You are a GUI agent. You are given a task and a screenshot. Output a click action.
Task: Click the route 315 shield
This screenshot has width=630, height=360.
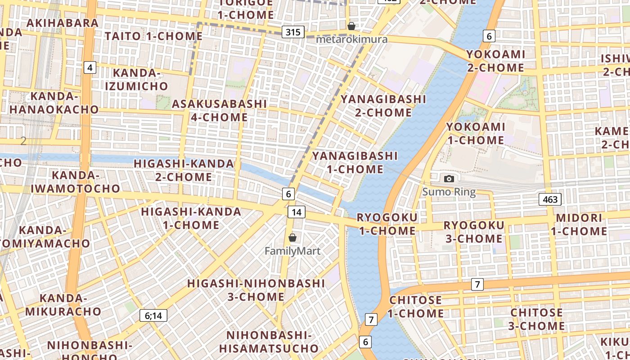point(293,32)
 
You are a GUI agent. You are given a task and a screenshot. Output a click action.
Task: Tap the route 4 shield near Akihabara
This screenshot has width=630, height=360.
point(90,67)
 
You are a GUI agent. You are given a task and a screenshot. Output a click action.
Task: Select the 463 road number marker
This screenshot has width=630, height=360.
point(550,199)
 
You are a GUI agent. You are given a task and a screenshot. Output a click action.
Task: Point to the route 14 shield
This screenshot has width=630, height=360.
point(297,212)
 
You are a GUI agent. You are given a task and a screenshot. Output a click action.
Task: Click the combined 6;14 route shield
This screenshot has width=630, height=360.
point(153,315)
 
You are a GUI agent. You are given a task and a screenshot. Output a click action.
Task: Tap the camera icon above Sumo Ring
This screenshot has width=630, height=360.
point(449,179)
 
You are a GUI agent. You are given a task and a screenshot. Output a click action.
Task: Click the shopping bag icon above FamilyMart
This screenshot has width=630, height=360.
point(292,238)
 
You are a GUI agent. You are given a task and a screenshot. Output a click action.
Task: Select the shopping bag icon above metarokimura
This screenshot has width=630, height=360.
point(351,26)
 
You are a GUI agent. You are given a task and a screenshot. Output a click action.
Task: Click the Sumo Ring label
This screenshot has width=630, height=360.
point(449,192)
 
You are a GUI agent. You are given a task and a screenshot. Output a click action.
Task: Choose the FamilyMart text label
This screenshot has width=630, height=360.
point(292,251)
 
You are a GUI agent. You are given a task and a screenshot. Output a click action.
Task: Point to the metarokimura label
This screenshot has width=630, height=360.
point(351,39)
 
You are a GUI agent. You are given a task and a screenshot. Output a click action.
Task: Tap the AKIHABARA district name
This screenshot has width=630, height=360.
point(63,22)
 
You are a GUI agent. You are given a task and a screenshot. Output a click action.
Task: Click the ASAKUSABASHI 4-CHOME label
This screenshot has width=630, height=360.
point(220,110)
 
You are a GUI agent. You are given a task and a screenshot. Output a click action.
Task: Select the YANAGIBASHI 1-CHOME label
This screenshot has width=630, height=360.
point(355,162)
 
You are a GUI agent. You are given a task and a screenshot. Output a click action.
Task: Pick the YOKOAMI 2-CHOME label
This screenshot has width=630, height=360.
point(495,61)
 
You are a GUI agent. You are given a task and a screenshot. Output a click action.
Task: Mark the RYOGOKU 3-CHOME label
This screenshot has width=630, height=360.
point(474,231)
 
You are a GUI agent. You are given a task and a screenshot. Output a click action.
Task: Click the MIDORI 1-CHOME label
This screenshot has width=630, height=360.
point(579,225)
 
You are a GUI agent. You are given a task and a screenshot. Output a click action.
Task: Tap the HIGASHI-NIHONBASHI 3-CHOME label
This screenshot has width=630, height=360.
point(256,290)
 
